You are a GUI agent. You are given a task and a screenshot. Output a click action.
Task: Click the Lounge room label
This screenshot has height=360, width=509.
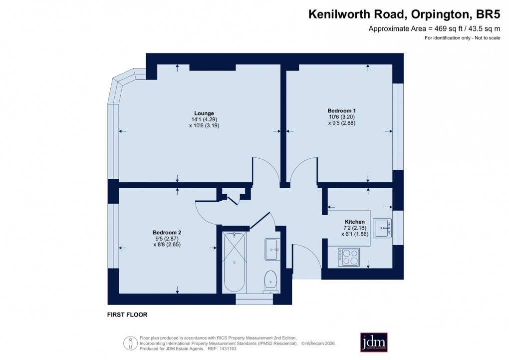coord(204,113)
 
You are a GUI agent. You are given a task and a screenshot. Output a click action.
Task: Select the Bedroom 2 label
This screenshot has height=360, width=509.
coord(167,232)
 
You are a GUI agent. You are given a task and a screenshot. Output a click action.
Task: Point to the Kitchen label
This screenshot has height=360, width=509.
coord(355,222)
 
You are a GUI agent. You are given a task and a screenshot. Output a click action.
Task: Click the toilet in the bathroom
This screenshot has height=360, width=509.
coord(271,282)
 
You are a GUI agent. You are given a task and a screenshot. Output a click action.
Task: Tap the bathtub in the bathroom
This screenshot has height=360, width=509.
coord(234,262)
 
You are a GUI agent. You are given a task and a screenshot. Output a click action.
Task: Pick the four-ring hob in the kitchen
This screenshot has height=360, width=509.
coord(348,257)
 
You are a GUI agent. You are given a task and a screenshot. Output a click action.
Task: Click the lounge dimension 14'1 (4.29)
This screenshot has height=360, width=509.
coord(204,119)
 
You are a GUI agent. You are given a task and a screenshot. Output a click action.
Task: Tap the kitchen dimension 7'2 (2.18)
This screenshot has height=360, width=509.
coord(355,228)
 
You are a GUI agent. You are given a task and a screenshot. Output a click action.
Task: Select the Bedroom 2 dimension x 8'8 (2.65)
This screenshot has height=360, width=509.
coord(167,245)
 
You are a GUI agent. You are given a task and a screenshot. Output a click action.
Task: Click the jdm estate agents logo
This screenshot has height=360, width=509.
coord(374,342)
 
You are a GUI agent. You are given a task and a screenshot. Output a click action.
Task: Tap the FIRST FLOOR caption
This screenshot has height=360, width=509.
coord(127,315)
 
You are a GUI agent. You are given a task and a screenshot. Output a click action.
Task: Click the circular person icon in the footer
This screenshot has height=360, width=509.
coord(130,343)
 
